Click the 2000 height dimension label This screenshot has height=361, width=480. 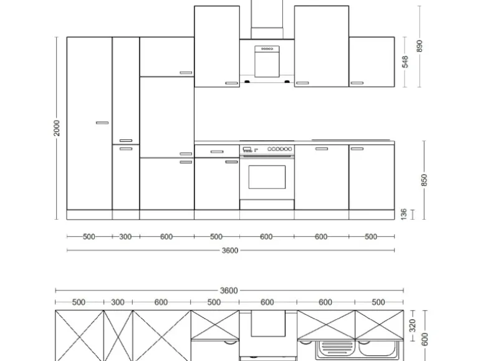[57, 128]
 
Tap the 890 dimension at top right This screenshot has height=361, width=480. [420, 46]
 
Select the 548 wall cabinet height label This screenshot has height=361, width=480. [405, 62]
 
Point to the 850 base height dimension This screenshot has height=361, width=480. [424, 180]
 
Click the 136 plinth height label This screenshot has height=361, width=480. [404, 214]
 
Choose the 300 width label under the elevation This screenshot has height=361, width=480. [125, 237]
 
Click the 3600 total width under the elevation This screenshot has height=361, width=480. [230, 250]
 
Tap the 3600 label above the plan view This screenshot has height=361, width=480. [229, 290]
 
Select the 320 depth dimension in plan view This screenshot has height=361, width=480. [412, 325]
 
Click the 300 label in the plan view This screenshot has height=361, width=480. [118, 302]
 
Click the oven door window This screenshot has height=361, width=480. [267, 177]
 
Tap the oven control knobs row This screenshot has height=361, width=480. [279, 149]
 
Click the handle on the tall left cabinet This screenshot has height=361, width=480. [102, 122]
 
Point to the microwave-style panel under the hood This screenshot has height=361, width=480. [267, 61]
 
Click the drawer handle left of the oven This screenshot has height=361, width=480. [217, 152]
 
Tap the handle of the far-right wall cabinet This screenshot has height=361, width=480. [357, 83]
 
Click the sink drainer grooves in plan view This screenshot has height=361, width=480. [335, 348]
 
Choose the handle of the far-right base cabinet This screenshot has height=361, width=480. [357, 149]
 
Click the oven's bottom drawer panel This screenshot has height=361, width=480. [267, 205]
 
